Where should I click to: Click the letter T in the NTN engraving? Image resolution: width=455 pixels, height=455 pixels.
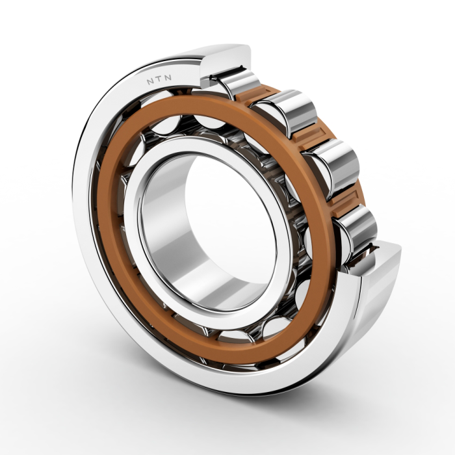[159, 80]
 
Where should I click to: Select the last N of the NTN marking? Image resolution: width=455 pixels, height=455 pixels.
[168, 78]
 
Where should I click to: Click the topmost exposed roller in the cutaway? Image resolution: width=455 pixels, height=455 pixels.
[235, 81]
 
